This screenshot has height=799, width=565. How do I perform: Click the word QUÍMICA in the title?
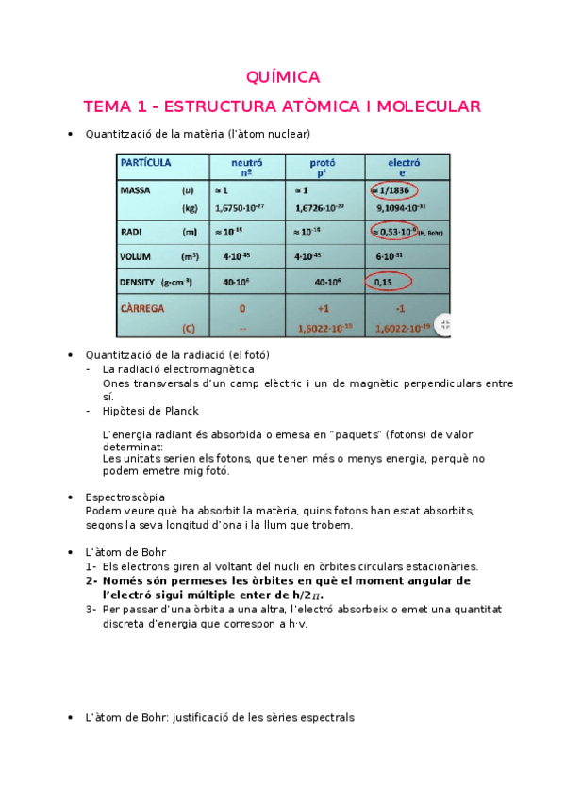(282, 77)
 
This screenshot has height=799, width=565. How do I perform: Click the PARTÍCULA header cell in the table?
(146, 162)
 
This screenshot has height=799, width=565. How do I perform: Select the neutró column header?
(247, 167)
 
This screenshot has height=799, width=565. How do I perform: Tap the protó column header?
(323, 167)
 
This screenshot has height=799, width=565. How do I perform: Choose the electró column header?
(404, 167)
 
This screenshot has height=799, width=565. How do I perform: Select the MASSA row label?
(137, 189)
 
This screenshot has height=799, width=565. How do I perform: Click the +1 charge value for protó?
(323, 308)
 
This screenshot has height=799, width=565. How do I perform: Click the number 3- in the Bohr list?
(91, 609)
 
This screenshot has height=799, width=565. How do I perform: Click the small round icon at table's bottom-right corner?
(444, 325)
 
